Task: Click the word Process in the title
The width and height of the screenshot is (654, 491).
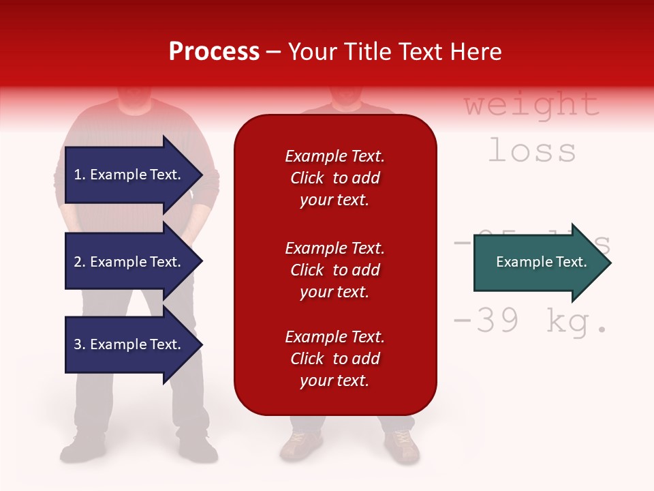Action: point(214,52)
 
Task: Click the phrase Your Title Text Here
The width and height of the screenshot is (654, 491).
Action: point(394,52)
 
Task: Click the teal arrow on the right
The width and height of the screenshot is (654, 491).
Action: point(542,263)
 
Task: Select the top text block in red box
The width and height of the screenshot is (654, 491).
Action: point(334,178)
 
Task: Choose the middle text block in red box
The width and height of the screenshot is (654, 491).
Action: point(334,270)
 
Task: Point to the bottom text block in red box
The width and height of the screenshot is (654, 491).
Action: point(334,359)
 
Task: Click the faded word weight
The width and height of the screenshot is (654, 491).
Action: point(531,105)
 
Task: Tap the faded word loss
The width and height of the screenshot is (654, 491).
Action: point(532,151)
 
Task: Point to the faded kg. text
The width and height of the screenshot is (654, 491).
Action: point(576,323)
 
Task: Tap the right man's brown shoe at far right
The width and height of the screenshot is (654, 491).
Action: point(403,446)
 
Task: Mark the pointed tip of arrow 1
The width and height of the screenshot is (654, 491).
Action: point(201,175)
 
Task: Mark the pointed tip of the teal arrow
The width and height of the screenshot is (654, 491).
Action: point(610,263)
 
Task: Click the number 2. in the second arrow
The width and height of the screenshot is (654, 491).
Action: point(79,262)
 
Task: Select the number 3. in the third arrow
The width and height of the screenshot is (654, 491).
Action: point(79,344)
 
